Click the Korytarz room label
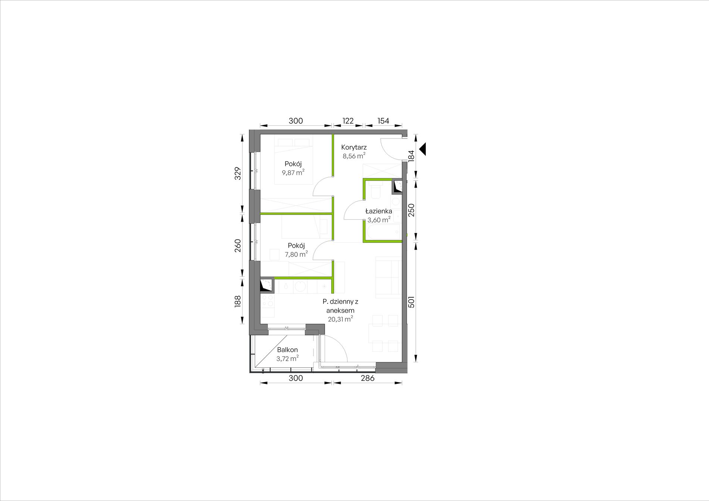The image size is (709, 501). pyautogui.click(x=354, y=147)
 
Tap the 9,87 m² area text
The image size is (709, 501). pyautogui.click(x=293, y=172)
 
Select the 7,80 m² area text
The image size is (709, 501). pyautogui.click(x=296, y=254)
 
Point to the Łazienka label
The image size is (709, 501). pyautogui.click(x=378, y=211)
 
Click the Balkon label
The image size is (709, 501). pyautogui.click(x=287, y=350)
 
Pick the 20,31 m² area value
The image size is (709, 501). pyautogui.click(x=340, y=319)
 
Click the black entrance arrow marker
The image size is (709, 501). pyautogui.click(x=422, y=149)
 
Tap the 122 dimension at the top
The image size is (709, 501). pyautogui.click(x=348, y=121)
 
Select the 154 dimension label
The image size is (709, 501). pyautogui.click(x=383, y=121)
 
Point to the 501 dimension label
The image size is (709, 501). pyautogui.click(x=412, y=302)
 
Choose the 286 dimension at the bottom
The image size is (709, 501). pyautogui.click(x=368, y=378)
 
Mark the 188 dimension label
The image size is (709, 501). pyautogui.click(x=238, y=302)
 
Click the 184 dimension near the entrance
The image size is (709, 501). pyautogui.click(x=412, y=156)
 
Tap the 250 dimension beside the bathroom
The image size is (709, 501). pyautogui.click(x=412, y=210)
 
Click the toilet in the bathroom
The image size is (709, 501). pyautogui.click(x=375, y=191)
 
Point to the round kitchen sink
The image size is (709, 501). pyautogui.click(x=300, y=286)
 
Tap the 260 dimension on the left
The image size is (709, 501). pyautogui.click(x=238, y=245)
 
